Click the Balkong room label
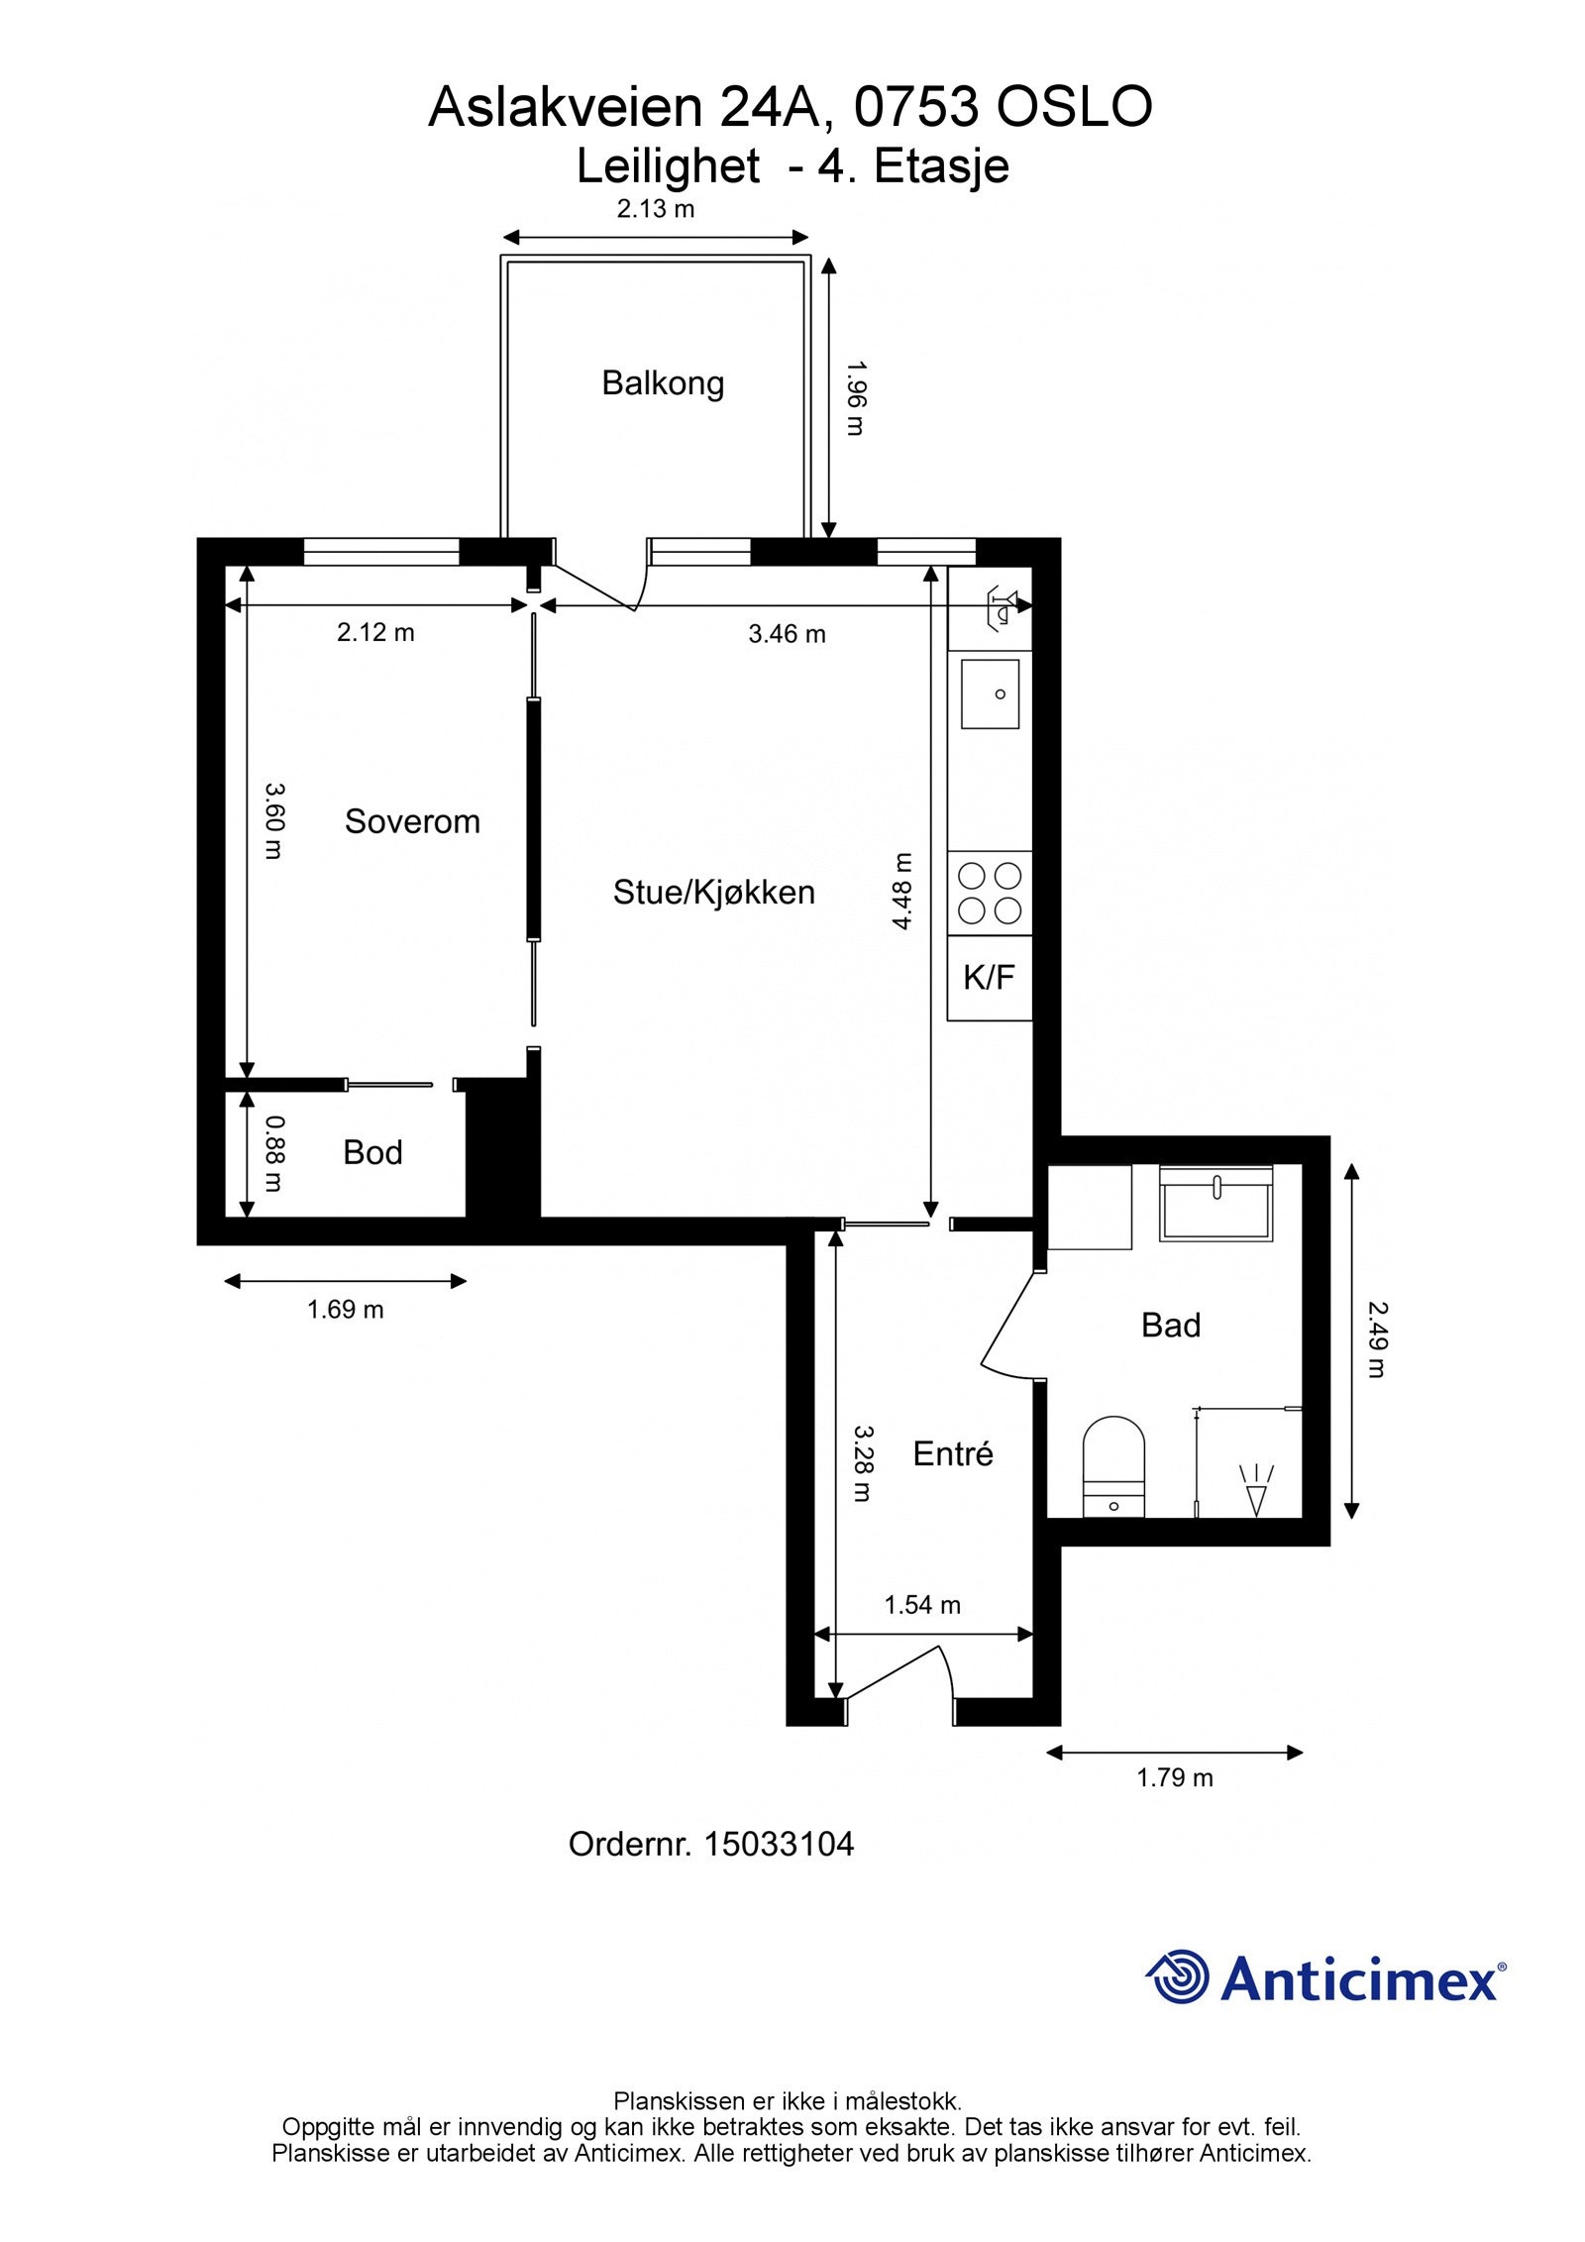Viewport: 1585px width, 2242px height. (x=663, y=383)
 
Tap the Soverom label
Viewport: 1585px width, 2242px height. (x=412, y=821)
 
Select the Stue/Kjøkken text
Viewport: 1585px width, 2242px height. (x=713, y=893)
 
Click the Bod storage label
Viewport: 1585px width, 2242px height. (x=372, y=1152)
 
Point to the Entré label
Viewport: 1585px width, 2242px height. (x=952, y=1453)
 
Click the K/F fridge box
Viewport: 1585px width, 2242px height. (x=990, y=978)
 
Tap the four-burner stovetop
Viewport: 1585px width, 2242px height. (x=990, y=893)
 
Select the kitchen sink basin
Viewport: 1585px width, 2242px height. (x=990, y=694)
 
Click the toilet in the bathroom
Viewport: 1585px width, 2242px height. (x=1113, y=1467)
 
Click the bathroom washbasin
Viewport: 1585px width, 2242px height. (x=1216, y=1204)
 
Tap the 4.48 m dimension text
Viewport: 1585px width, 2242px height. (x=901, y=892)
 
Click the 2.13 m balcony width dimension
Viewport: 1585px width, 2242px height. (x=656, y=209)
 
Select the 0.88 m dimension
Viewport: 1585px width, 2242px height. (x=275, y=1154)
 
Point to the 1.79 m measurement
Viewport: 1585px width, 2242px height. (x=1175, y=1777)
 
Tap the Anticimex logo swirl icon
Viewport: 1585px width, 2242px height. (x=1178, y=1976)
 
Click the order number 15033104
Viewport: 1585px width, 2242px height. (x=779, y=1845)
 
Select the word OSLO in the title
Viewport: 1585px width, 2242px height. (x=1074, y=107)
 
